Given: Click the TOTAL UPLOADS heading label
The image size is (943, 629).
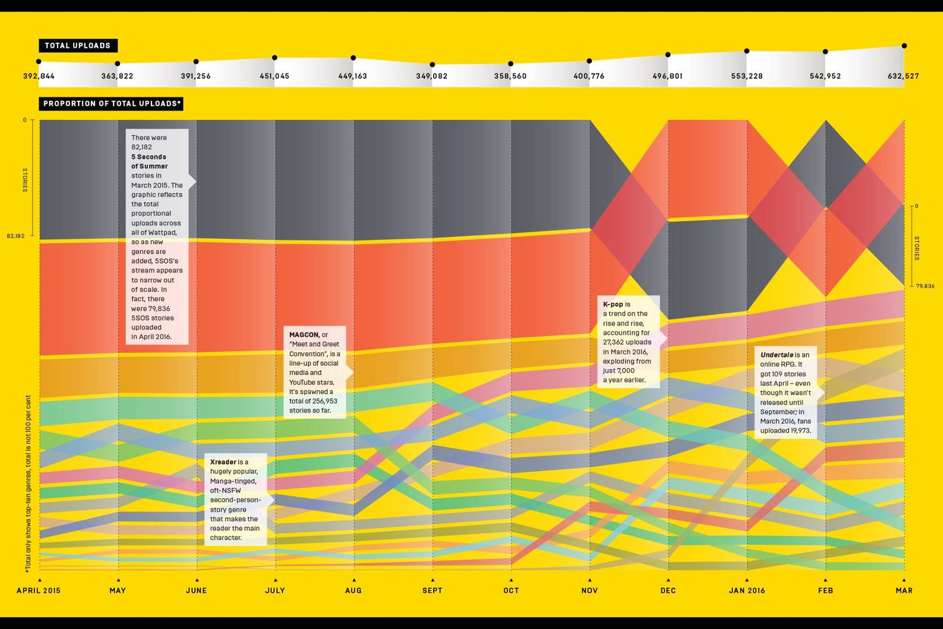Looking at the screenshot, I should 77,45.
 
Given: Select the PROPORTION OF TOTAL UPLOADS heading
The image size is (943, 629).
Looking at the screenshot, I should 112,104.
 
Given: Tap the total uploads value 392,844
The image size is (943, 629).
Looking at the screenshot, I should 39,76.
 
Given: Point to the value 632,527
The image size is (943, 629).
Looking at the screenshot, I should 903,76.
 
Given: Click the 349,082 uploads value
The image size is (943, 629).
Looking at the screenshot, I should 432,76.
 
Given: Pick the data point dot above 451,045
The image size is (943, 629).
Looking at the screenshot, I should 275,58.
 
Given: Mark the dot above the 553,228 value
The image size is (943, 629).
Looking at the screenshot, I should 747,51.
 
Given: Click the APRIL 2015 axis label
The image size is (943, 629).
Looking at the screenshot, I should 38,591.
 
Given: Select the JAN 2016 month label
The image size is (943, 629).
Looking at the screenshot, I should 747,591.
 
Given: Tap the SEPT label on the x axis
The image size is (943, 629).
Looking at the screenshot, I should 432,591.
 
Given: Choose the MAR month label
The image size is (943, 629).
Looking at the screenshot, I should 904,591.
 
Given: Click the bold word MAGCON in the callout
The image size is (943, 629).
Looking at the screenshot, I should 304,335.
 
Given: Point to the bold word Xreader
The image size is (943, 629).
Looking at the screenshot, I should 223,462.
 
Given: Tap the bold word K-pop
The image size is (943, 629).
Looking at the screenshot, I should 613,304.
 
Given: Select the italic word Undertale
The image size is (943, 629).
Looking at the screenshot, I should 777,355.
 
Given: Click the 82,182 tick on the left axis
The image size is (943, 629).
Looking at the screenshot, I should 16,236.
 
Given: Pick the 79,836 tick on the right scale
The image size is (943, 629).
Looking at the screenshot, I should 925,286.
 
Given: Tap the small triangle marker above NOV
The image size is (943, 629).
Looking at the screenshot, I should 590,580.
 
